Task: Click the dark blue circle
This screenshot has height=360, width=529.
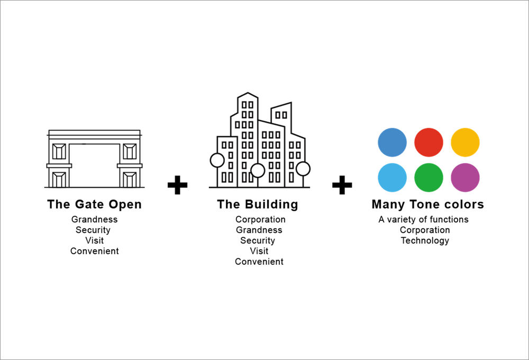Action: (392, 142)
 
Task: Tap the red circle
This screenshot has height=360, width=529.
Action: (428, 142)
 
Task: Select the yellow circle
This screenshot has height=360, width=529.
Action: (465, 142)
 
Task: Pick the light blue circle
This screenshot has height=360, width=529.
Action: (392, 178)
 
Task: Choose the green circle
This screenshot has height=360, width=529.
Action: (428, 178)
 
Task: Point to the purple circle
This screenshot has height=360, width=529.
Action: (465, 178)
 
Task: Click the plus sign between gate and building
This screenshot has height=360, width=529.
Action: (177, 185)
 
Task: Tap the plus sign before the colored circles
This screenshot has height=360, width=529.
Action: (342, 185)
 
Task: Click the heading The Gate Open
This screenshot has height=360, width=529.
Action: (95, 205)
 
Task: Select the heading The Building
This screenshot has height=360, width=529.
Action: (258, 205)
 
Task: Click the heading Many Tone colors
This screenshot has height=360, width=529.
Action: (428, 205)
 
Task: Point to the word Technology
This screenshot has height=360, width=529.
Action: (425, 241)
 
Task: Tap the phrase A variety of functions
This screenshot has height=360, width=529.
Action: (424, 220)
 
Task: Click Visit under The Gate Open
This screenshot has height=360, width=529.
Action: (95, 240)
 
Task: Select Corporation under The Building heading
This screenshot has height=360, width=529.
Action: (260, 220)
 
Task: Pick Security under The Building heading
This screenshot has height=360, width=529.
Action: (258, 241)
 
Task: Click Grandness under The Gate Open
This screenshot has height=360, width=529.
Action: (95, 220)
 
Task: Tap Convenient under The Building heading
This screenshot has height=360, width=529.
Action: (259, 262)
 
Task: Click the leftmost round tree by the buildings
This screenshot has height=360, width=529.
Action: (217, 160)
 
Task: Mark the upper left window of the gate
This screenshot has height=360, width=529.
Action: (59, 151)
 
